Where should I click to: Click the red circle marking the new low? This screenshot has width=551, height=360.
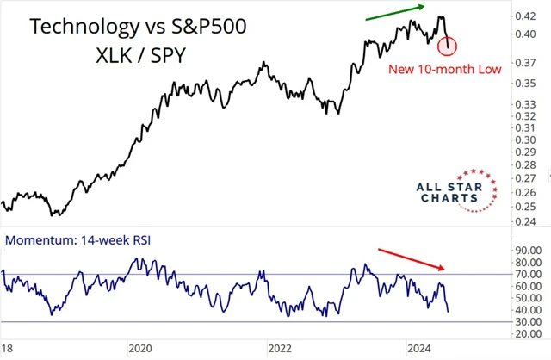pos(448,45)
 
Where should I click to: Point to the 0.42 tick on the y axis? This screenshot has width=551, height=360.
pos(527,16)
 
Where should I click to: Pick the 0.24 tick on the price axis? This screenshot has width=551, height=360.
pos(527,222)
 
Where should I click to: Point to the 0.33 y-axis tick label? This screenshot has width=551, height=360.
pos(527,104)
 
